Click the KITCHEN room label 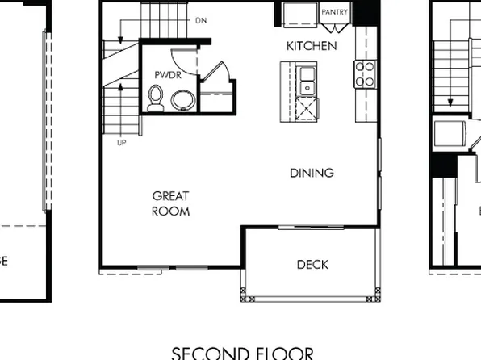coord(312,46)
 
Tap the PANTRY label coord(334,13)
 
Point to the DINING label coord(312,173)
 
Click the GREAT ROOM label coord(170,203)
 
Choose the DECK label coord(312,264)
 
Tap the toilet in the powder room coord(156,98)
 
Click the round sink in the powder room coord(183,100)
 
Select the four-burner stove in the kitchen coord(365,73)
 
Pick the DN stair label coord(200,19)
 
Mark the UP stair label coord(121,142)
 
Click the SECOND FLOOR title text coord(242,353)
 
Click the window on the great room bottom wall coord(153,267)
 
